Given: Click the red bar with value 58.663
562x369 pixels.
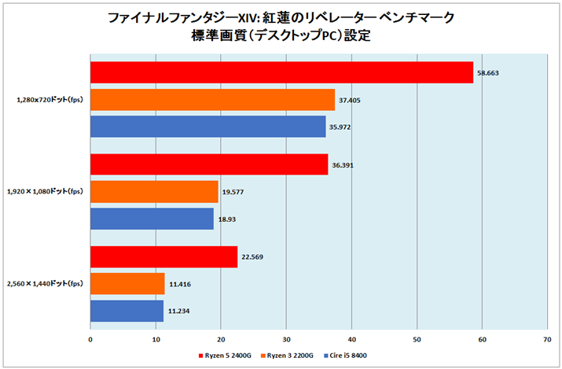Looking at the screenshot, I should coord(281,72).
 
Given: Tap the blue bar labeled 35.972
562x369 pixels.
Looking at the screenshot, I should coord(208,127).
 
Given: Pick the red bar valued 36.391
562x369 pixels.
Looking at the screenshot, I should coord(209,164).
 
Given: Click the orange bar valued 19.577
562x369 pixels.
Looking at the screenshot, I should coord(154,192).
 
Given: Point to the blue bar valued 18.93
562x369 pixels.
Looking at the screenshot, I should coord(152,219).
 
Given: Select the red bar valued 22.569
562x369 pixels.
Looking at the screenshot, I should coord(163,256).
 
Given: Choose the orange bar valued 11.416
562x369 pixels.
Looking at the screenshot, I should coord(127,283).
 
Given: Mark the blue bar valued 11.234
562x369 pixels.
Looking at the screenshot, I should coord(127,311).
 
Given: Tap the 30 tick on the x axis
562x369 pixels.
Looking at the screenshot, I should coord(286,339).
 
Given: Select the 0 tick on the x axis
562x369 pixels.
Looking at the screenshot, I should coord(90,339).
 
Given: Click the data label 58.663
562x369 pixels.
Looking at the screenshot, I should coord(488,73).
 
